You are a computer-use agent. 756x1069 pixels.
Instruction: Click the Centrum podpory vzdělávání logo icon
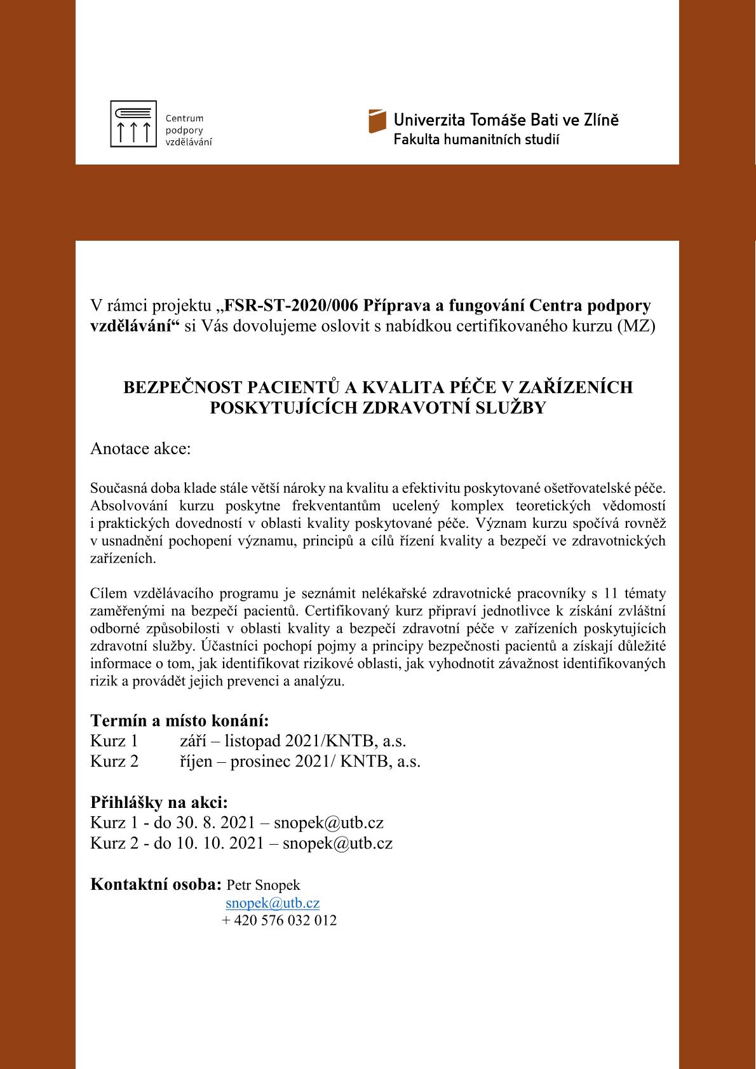click(133, 124)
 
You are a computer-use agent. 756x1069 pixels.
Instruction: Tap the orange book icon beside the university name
click(377, 121)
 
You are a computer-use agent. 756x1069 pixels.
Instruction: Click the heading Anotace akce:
click(140, 449)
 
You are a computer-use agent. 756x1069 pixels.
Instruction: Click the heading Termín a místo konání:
click(180, 721)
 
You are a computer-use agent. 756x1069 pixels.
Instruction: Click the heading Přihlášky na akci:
click(159, 802)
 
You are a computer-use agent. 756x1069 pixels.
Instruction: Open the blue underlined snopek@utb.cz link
click(273, 903)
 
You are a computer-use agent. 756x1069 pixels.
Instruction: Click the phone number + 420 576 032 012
click(279, 920)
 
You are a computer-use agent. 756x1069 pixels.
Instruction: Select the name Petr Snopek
click(263, 885)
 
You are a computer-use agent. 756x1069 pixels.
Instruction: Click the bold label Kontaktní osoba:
click(156, 884)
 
